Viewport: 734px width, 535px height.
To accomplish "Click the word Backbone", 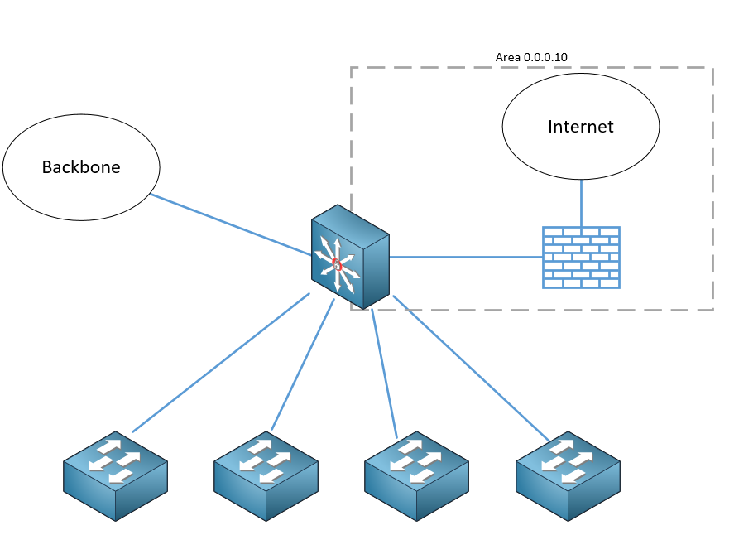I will pos(81,167).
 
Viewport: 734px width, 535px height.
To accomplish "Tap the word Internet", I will pos(581,127).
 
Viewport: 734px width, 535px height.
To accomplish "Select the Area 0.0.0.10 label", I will pos(531,57).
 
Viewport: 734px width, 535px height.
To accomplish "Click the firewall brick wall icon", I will pos(581,257).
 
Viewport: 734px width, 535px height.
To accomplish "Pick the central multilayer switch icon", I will pos(349,257).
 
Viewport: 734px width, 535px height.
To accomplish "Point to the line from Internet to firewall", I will pos(581,202).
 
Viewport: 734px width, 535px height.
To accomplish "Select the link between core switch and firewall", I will pos(463,258).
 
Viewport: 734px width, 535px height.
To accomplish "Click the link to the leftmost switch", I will pos(222,362).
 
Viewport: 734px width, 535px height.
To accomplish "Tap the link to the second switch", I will pos(303,364).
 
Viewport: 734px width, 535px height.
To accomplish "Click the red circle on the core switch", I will pos(337,265).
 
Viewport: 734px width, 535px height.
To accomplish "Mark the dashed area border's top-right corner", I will pos(712,68).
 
